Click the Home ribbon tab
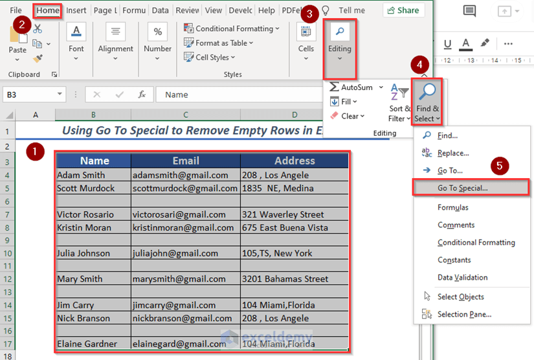[x=47, y=10]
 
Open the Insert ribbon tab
[x=76, y=10]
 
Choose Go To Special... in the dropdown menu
[x=462, y=188]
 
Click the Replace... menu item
[x=453, y=153]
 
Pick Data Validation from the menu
[x=462, y=277]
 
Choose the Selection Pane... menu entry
[x=464, y=314]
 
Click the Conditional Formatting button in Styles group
[x=232, y=28]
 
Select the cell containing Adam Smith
[x=93, y=175]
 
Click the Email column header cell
[x=185, y=161]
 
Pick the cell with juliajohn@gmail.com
[x=185, y=253]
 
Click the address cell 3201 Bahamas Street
[x=294, y=279]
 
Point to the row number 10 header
[x=7, y=253]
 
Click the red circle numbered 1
[x=34, y=152]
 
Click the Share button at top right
[x=404, y=10]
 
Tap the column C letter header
[x=185, y=115]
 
